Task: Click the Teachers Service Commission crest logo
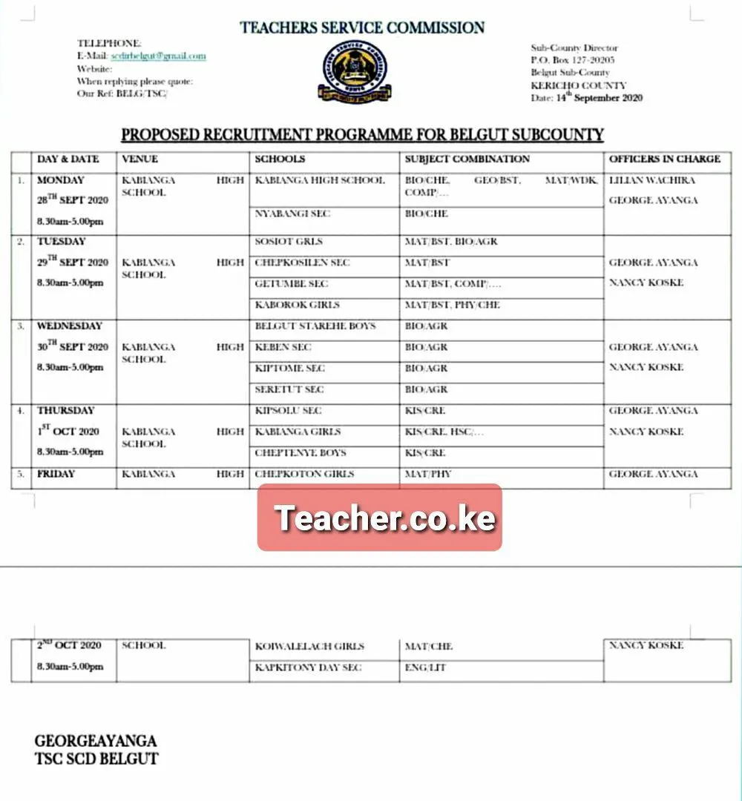click(355, 72)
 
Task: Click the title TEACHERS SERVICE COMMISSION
click(362, 28)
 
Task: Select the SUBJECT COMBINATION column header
click(467, 159)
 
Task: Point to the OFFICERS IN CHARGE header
click(664, 159)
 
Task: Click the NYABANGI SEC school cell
click(292, 214)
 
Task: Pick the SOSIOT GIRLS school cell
click(289, 242)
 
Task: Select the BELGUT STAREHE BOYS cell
click(315, 326)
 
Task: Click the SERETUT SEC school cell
click(289, 389)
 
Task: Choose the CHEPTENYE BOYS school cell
click(301, 453)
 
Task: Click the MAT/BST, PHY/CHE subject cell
click(452, 305)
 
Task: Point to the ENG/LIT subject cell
click(425, 668)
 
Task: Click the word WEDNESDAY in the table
click(70, 326)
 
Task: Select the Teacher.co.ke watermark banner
click(380, 518)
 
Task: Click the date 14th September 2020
click(586, 97)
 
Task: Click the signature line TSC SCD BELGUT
click(96, 759)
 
